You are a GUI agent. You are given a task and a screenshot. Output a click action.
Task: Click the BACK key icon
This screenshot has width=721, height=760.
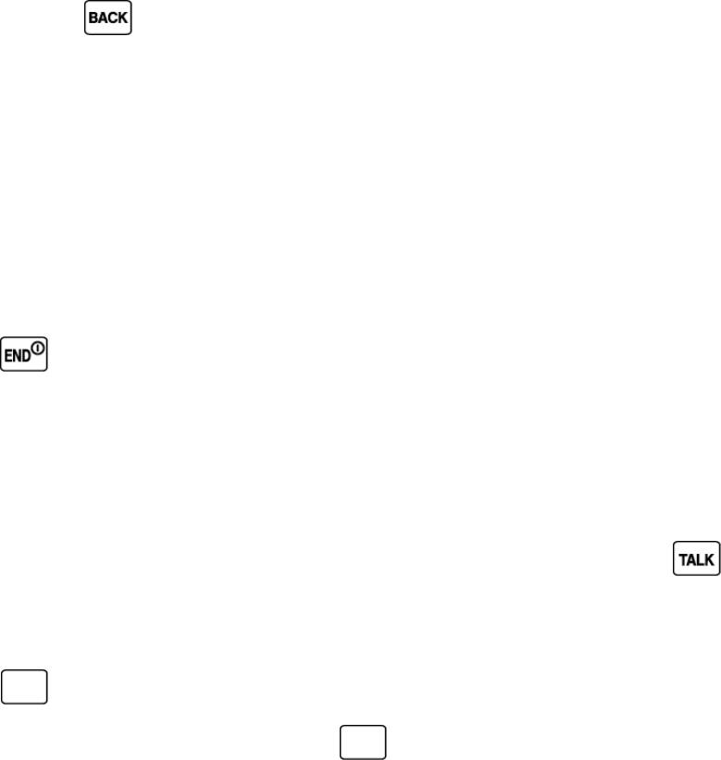(x=108, y=18)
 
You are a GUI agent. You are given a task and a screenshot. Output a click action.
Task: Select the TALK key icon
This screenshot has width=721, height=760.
(x=697, y=559)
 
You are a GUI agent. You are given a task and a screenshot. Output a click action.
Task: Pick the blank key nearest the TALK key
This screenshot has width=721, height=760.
(x=362, y=742)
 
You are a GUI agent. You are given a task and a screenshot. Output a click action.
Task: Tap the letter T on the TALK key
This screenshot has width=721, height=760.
(x=682, y=560)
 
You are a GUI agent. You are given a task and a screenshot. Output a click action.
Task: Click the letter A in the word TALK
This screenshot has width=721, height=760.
(x=691, y=560)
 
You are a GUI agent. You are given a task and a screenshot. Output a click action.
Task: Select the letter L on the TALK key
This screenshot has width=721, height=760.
(x=701, y=560)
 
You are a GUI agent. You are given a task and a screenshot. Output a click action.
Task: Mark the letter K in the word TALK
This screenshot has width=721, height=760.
(x=710, y=560)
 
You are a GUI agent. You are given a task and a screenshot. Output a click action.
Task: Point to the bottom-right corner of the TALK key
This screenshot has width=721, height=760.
(x=717, y=573)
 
